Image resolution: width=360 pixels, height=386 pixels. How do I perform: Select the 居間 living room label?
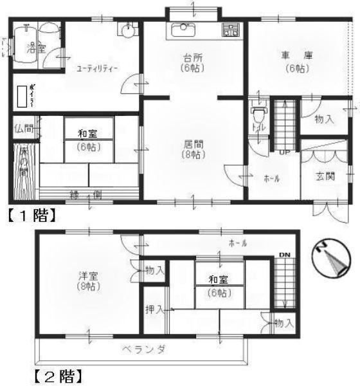pos(191,149)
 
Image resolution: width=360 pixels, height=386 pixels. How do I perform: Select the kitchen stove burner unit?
pos(230,29)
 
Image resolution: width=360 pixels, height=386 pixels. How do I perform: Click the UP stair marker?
pos(283,152)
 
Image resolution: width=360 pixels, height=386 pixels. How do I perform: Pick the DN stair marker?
pos(283,254)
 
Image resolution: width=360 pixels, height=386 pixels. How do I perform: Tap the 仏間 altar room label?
pos(23,128)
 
